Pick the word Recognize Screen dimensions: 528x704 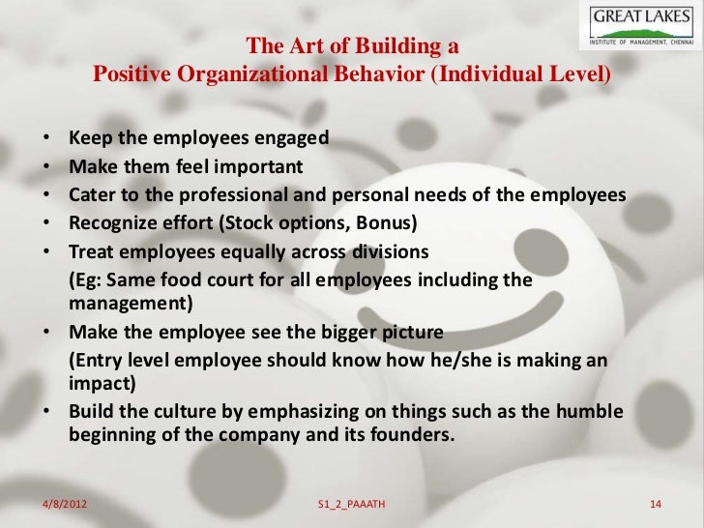point(112,225)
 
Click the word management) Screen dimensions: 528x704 point(132,305)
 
